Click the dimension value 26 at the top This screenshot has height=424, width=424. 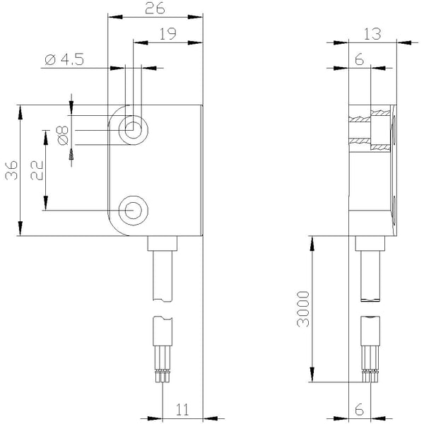click(x=155, y=8)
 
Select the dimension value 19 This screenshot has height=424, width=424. click(x=167, y=34)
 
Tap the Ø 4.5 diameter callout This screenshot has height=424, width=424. click(x=64, y=59)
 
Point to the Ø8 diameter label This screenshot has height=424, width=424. click(x=62, y=136)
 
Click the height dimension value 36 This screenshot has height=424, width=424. click(x=11, y=170)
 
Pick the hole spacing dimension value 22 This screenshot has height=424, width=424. click(x=37, y=170)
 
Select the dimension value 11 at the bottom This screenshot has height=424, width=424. click(x=182, y=410)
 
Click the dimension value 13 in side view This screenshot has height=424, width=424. click(x=372, y=34)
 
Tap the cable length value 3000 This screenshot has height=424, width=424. click(x=303, y=309)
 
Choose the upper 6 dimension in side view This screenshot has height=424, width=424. click(x=360, y=59)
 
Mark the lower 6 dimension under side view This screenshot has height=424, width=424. click(x=360, y=410)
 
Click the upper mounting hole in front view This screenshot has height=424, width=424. click(x=134, y=130)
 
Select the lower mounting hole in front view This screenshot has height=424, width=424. click(x=134, y=211)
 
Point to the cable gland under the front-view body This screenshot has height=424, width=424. click(x=163, y=243)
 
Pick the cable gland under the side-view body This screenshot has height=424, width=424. click(x=370, y=243)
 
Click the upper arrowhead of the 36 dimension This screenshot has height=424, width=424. click(x=20, y=112)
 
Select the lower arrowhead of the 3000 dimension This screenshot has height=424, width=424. click(x=312, y=375)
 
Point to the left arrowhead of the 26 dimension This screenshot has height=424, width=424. click(x=115, y=17)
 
